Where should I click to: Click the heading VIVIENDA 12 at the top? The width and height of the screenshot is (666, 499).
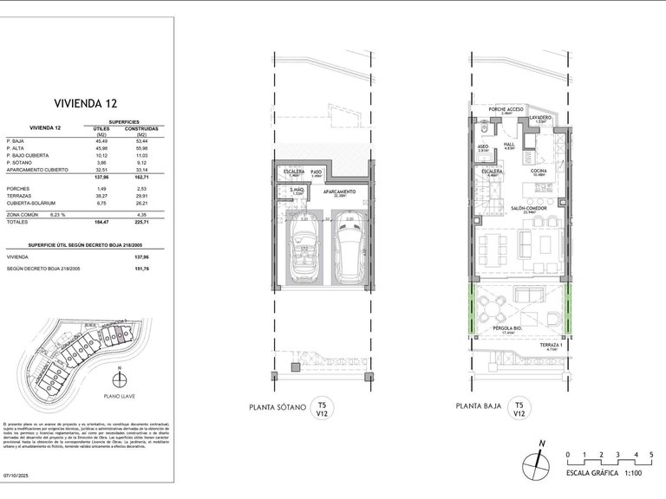pos(87,100)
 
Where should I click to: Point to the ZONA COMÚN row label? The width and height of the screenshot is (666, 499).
pos(23,212)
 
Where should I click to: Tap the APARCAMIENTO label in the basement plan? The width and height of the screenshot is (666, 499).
pos(344,193)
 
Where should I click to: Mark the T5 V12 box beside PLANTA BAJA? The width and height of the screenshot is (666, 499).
pos(518,410)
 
